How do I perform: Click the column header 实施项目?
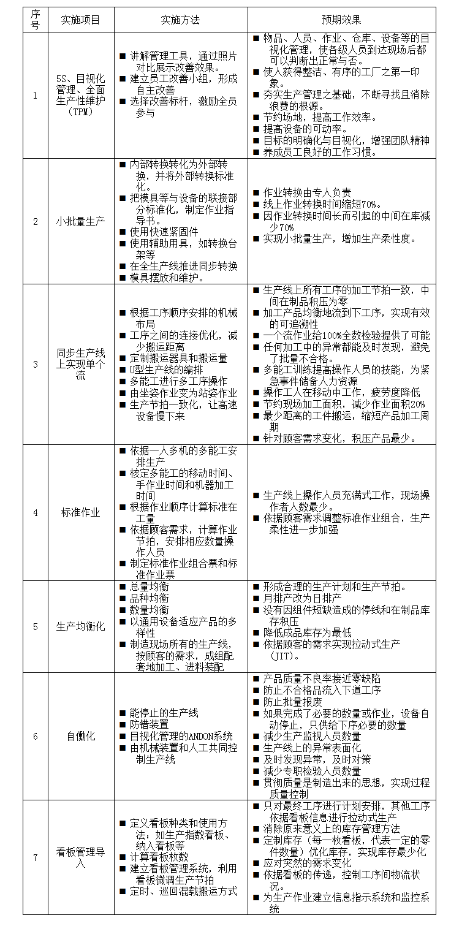coord(80,20)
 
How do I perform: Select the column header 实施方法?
coord(180,20)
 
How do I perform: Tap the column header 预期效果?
coord(341,20)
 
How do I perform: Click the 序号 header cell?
coord(35,20)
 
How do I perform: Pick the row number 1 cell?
coord(35,96)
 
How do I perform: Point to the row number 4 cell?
coord(35,512)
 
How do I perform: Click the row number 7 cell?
coord(35,857)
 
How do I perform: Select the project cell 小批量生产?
coord(80,221)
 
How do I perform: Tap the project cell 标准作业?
coord(80,512)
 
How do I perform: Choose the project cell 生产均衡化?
coord(80,626)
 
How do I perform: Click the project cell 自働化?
coord(80,736)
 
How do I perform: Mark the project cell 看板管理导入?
coord(80,857)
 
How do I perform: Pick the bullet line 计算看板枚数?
coord(159,857)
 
